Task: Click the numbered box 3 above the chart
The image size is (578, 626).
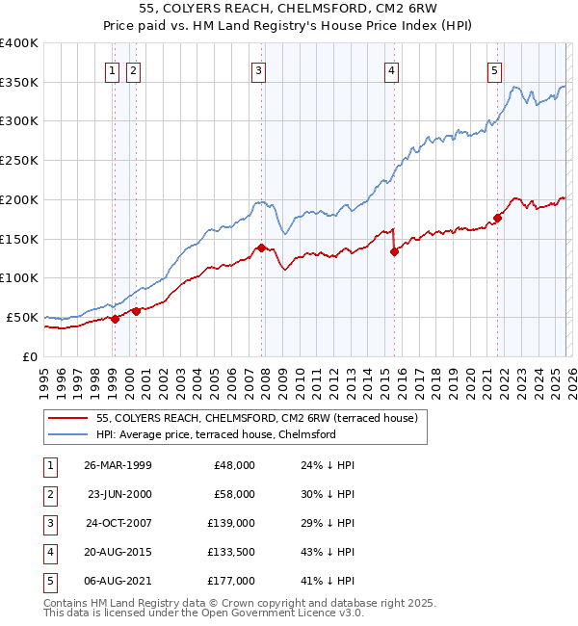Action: point(259,69)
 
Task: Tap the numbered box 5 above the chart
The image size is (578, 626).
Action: point(494,69)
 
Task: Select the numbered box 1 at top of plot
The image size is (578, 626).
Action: point(113,69)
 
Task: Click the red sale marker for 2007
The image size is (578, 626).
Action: point(261,248)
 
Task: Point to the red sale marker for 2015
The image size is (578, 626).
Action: point(394,252)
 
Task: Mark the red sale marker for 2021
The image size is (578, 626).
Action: point(498,218)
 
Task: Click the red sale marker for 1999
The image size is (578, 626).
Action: point(115,319)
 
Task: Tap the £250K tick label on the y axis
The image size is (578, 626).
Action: point(19,160)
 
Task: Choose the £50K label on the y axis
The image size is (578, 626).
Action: point(23,317)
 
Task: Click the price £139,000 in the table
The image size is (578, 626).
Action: point(233,523)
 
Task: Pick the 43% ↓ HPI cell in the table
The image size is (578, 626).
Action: point(328,552)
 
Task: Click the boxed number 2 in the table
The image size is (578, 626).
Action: point(49,494)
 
